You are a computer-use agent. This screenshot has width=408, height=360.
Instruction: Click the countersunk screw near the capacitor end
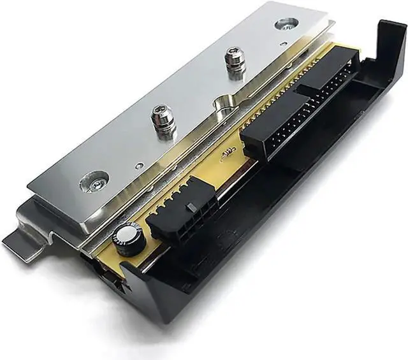[x=94, y=182]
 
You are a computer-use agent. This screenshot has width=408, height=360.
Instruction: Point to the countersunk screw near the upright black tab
[x=286, y=24]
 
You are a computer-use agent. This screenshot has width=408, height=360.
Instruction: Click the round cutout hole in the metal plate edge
[x=224, y=101]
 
